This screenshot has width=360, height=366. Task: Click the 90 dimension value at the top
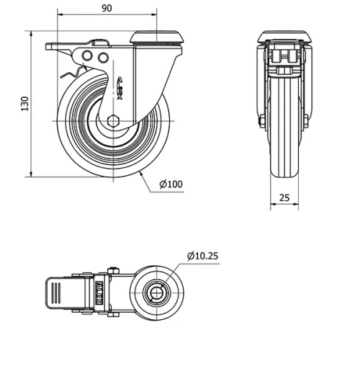[x=107, y=8]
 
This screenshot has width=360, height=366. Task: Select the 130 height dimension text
[x=24, y=104]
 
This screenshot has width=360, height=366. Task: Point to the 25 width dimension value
[x=284, y=197]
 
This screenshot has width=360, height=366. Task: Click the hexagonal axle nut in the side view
[x=113, y=120]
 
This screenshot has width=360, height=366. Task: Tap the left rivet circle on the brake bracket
[x=87, y=57]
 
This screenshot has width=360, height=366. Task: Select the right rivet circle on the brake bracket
[x=103, y=57]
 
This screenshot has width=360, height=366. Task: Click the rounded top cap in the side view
[x=156, y=37]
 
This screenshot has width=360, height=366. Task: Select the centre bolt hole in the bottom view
[x=156, y=293]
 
